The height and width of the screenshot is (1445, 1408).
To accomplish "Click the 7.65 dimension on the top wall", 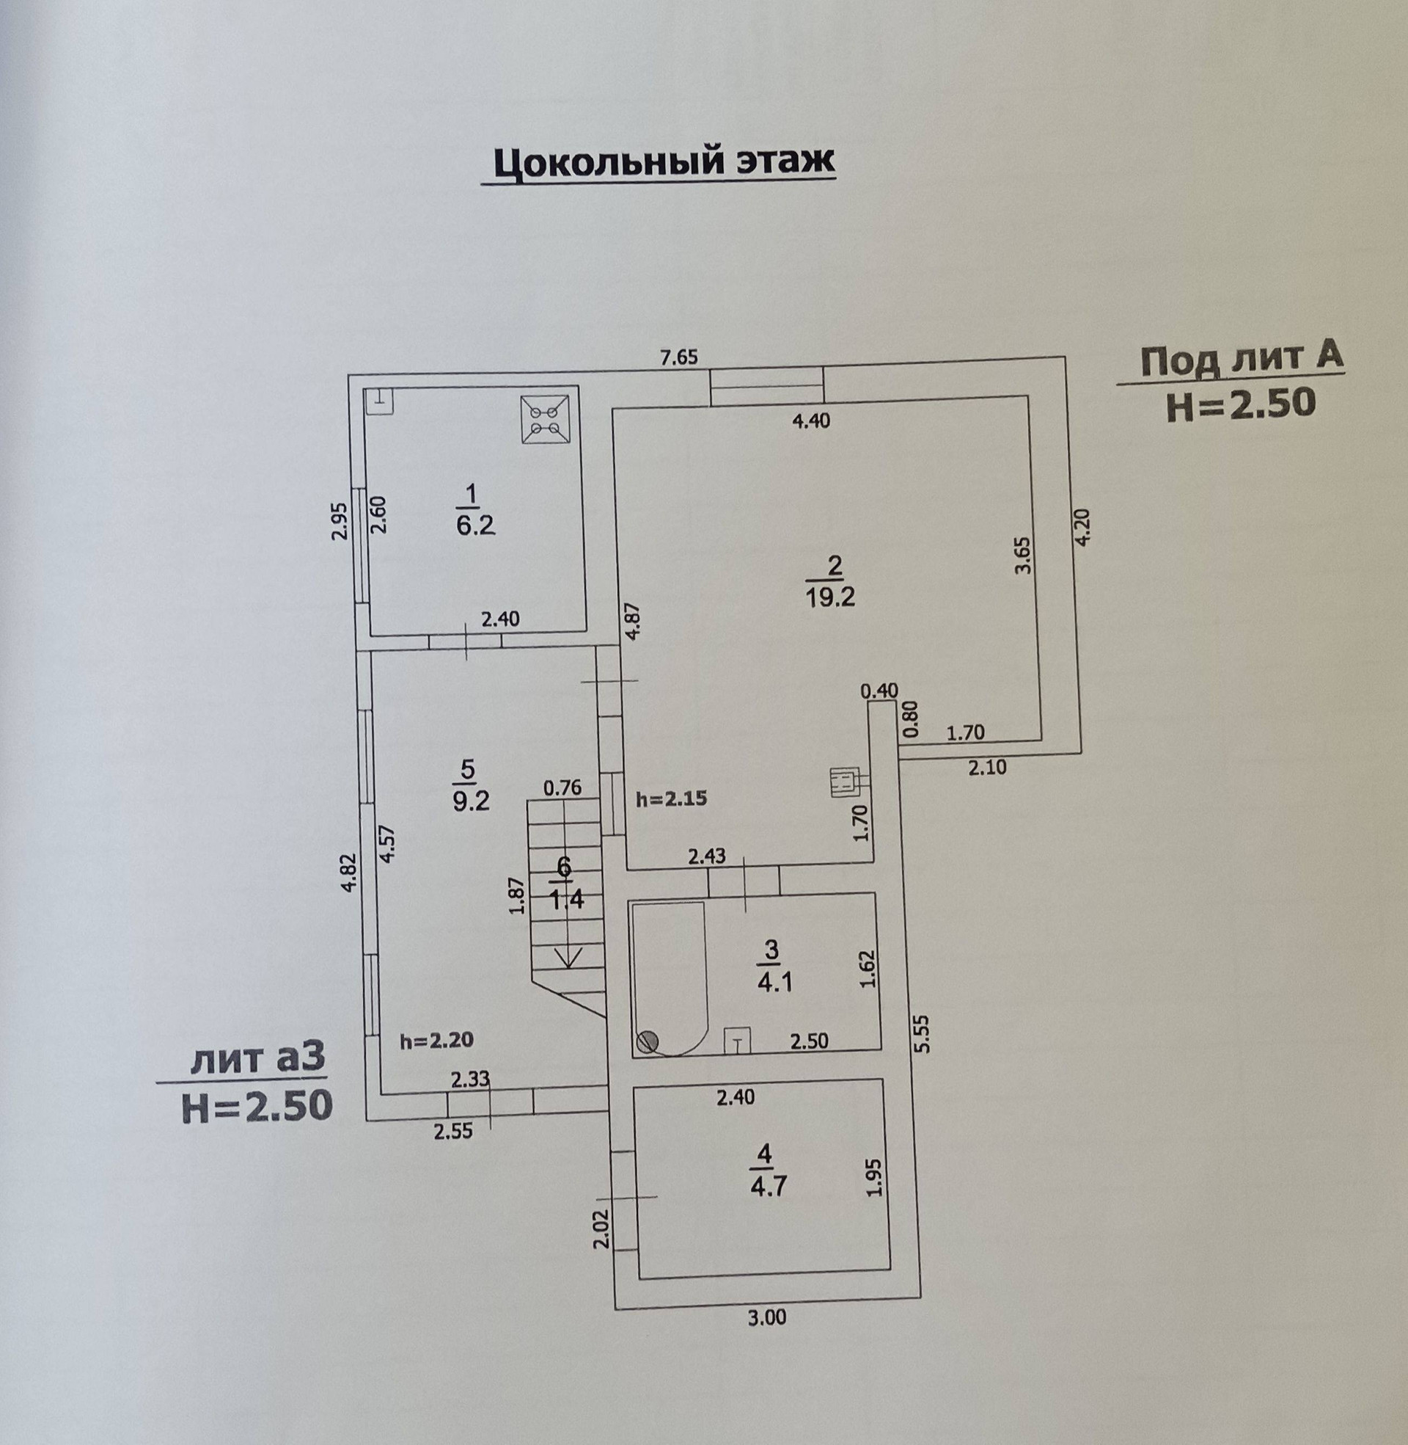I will (678, 358).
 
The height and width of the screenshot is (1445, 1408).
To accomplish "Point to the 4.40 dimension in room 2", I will (810, 421).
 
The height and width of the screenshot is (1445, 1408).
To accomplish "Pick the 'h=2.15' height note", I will (672, 798).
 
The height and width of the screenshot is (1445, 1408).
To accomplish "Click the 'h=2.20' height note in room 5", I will (436, 1040).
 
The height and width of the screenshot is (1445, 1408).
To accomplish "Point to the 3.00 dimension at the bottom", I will (766, 1317).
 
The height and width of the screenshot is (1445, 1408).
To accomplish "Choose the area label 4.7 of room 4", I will (769, 1186).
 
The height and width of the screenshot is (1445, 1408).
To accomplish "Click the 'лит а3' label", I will (257, 1060).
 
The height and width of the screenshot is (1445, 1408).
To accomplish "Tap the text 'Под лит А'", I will (1242, 360).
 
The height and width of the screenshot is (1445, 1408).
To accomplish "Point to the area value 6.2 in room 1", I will (475, 526).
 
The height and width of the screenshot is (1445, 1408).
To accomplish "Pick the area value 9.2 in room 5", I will (471, 801).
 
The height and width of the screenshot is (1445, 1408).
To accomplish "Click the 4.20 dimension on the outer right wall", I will (1082, 528).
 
